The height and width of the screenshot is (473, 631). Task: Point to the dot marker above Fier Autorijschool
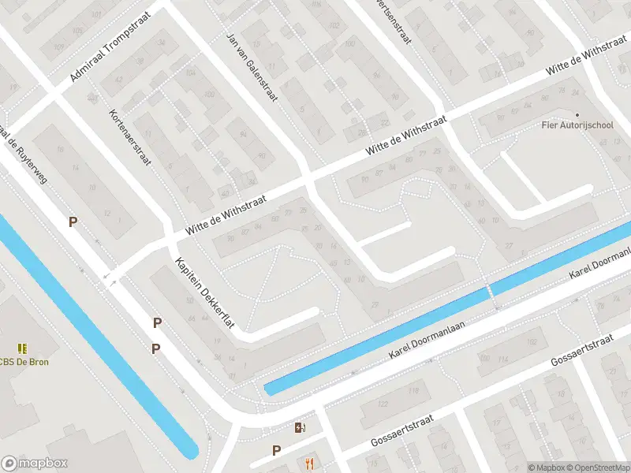(x=577, y=115)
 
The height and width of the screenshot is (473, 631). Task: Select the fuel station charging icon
(x=300, y=428)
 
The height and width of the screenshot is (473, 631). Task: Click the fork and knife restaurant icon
(x=309, y=463)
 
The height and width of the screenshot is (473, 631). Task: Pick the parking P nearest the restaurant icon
(x=276, y=450)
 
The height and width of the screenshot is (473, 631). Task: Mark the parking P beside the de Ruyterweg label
(x=73, y=222)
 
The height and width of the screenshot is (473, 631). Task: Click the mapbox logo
(x=35, y=464)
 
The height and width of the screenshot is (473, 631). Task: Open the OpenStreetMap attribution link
(x=598, y=467)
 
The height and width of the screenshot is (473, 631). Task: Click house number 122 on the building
(x=383, y=404)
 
